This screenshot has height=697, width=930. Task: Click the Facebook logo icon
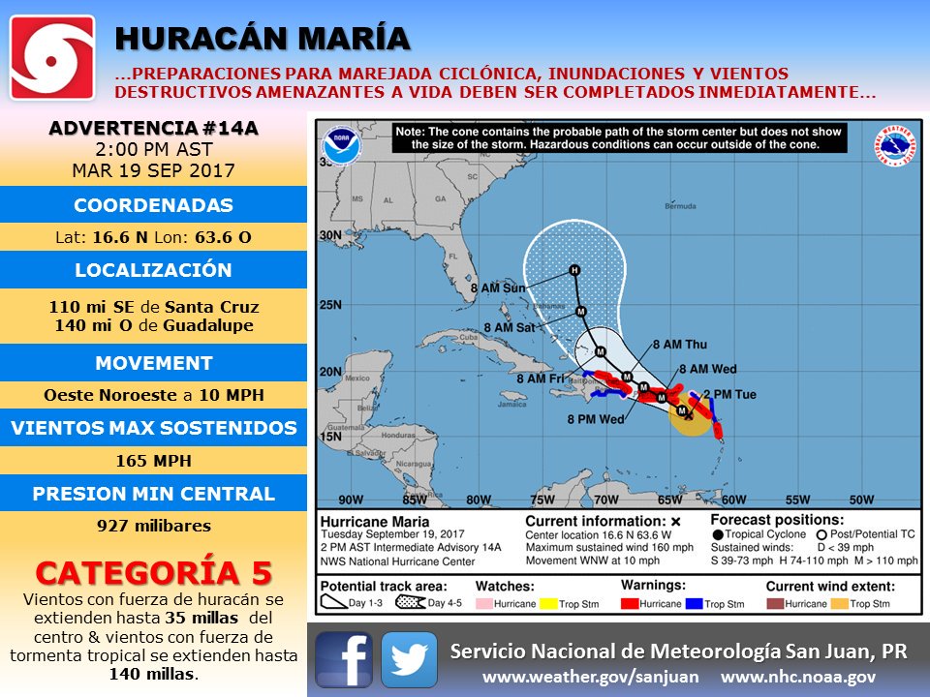[344, 659]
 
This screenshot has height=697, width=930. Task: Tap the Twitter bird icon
[409, 659]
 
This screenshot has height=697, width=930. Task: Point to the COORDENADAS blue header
[153, 205]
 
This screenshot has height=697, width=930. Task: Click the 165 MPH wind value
[153, 461]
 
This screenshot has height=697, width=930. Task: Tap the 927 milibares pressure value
[153, 527]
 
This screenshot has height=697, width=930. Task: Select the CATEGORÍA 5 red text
[153, 572]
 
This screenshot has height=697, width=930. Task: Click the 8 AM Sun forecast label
[498, 288]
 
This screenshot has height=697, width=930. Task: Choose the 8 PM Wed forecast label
[596, 419]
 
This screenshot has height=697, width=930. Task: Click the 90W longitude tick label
[351, 500]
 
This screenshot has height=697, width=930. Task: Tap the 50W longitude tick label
[861, 500]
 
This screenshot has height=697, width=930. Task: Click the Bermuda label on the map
[681, 206]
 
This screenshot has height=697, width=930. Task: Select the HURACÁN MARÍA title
[262, 38]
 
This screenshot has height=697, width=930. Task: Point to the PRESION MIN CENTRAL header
[153, 494]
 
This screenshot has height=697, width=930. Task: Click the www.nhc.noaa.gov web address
[798, 677]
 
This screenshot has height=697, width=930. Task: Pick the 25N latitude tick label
[331, 306]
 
